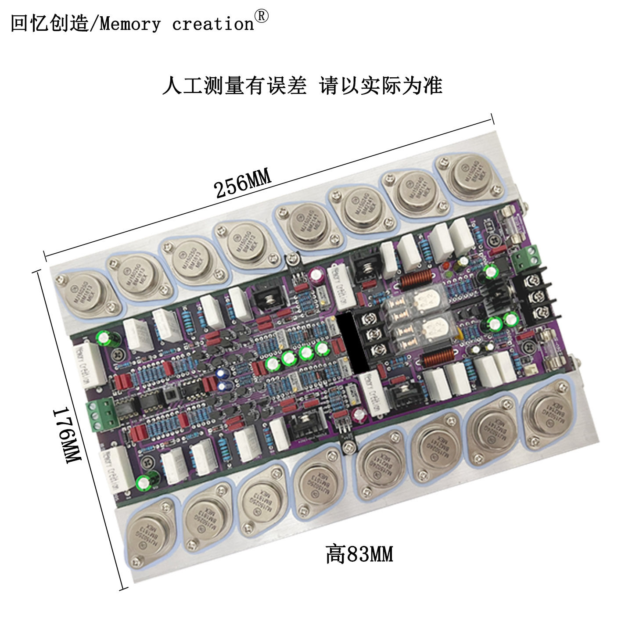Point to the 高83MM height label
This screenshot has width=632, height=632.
click(x=359, y=554)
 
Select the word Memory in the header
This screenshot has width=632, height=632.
click(x=130, y=24)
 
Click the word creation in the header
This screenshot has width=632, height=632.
click(x=213, y=24)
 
